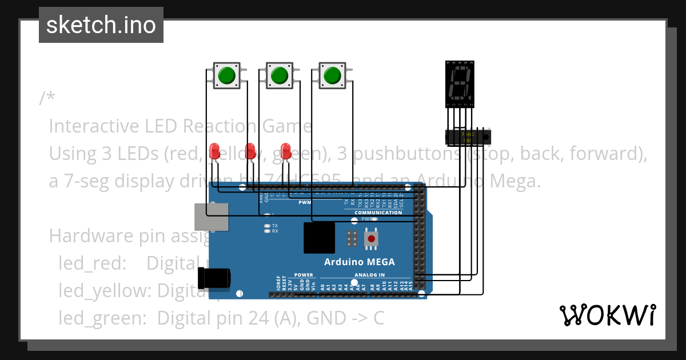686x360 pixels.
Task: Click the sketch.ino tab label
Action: [x=101, y=25]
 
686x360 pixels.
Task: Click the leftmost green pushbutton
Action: [x=227, y=75]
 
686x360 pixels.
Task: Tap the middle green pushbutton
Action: [x=279, y=75]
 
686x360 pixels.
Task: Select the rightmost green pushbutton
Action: [x=332, y=75]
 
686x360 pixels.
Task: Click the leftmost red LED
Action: [x=215, y=151]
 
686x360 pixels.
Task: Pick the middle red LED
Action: [x=250, y=151]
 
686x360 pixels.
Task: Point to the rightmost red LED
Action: [x=286, y=151]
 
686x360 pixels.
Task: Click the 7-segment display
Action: [x=460, y=83]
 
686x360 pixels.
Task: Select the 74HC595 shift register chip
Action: [x=468, y=137]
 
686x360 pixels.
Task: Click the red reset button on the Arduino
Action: [x=371, y=238]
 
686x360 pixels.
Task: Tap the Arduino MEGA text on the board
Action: [x=359, y=262]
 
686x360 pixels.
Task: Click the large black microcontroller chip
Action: [x=319, y=238]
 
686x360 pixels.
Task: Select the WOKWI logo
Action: [x=607, y=315]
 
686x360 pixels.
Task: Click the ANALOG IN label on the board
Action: [x=369, y=275]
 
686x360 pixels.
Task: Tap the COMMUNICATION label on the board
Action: [x=378, y=213]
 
